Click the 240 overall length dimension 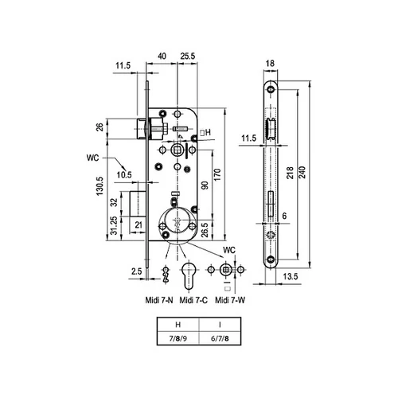(302, 172)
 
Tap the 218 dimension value (291, 173)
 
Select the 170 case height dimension (217, 174)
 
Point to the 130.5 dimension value (99, 186)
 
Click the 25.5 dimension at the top (188, 56)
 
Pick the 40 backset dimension (162, 56)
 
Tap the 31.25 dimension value (114, 225)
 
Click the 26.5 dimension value (205, 230)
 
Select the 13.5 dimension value (291, 276)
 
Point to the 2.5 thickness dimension (137, 271)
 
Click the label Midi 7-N (159, 300)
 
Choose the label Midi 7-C (193, 300)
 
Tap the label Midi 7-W (230, 300)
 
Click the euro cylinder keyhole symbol (188, 275)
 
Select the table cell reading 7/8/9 (178, 338)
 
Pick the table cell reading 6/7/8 (220, 338)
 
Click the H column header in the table (178, 324)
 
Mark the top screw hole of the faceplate (271, 89)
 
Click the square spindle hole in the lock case (177, 150)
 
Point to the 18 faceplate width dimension (270, 64)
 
